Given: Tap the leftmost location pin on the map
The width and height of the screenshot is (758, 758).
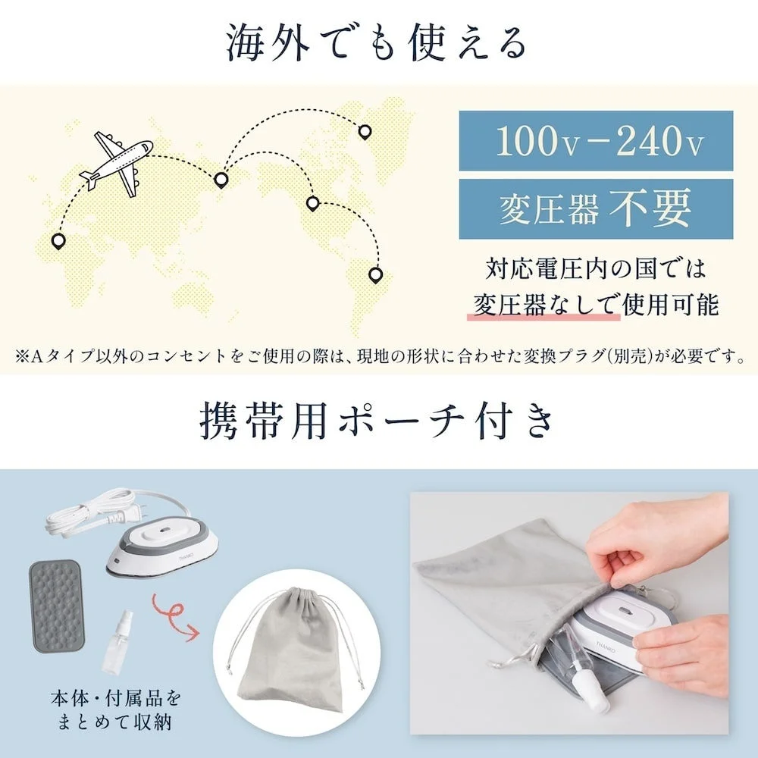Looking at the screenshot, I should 58,242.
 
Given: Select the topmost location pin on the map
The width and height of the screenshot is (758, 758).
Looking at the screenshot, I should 365,132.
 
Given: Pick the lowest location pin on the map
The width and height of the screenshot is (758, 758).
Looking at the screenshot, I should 374,274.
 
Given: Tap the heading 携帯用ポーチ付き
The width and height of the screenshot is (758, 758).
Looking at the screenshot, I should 377,422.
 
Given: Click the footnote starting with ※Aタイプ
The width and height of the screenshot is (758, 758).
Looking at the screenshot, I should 379,356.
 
